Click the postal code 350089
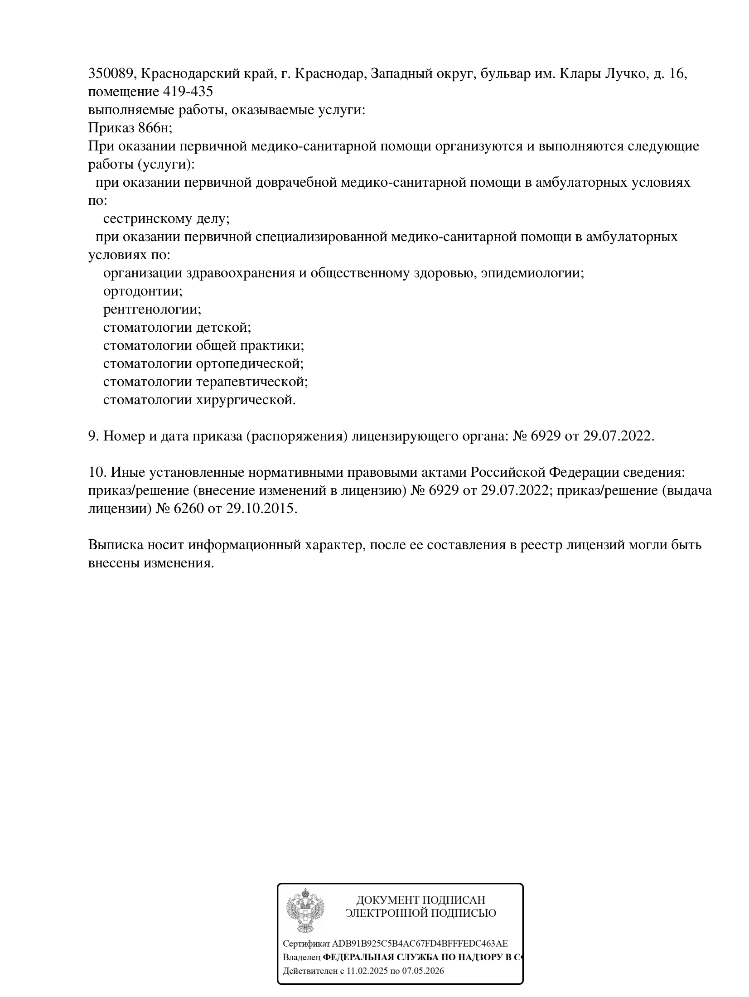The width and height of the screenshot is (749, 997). [x=110, y=74]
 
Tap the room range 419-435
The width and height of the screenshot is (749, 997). [x=187, y=92]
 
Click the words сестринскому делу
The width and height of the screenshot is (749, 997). [x=166, y=219]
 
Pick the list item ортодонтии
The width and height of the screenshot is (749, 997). [x=142, y=291]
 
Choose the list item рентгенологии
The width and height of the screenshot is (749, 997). [x=152, y=310]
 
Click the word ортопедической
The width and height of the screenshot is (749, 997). [x=250, y=364]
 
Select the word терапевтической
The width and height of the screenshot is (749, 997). [x=252, y=382]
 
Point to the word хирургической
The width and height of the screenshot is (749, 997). [x=245, y=400]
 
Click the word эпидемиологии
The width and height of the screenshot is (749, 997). [x=532, y=273]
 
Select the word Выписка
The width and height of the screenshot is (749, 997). [x=116, y=545]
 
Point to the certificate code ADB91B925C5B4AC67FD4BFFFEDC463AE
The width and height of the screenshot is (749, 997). [x=420, y=944]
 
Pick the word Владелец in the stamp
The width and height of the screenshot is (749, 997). [x=301, y=958]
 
